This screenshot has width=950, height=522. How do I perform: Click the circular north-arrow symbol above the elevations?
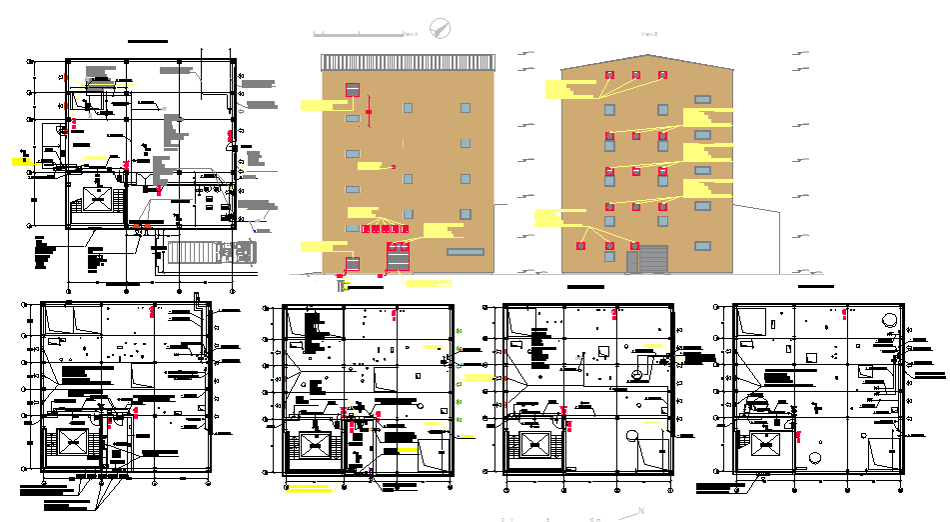click(x=441, y=29)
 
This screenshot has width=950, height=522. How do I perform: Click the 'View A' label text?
click(x=411, y=34)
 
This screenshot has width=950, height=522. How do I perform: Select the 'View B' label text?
click(x=647, y=34)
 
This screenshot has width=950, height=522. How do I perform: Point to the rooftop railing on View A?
click(x=408, y=62)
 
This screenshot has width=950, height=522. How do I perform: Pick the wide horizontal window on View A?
click(x=464, y=251)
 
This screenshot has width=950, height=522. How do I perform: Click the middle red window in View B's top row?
click(x=635, y=75)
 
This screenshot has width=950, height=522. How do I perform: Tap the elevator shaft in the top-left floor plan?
click(x=97, y=200)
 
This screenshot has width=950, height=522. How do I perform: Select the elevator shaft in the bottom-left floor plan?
click(x=71, y=443)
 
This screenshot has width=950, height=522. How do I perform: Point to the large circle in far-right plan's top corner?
click(x=889, y=320)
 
